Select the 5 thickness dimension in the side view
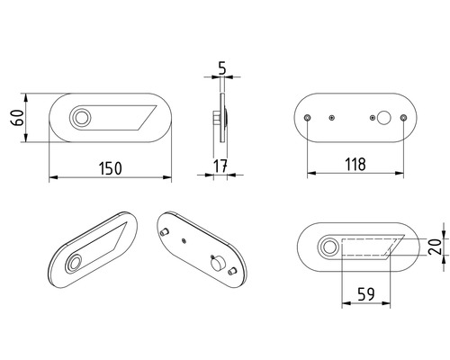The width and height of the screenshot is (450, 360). coord(221,67)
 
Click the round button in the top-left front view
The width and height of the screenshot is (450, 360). coord(82,117)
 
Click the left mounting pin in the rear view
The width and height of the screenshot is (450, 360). coord(308,118)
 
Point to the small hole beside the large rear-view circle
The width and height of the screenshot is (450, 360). coord(372,118)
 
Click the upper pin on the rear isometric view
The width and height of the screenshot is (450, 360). coord(165,232)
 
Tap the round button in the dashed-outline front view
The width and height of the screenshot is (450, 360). coord(329,247)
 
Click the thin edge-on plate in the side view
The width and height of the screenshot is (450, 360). coord(221,117)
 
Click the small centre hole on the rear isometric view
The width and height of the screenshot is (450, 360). coord(184,241)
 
